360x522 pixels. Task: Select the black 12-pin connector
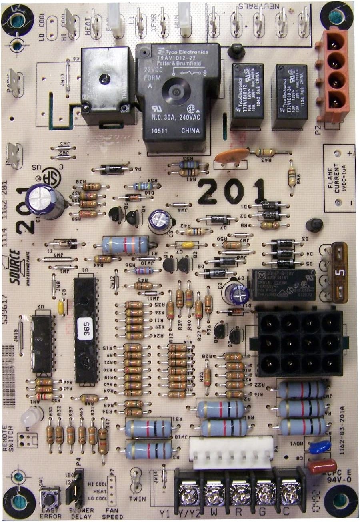coord(299,342)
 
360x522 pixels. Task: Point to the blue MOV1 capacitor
coord(320,446)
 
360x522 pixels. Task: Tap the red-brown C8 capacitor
coord(322,466)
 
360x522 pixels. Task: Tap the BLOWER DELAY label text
coord(81,513)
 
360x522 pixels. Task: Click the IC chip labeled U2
coord(42,344)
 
